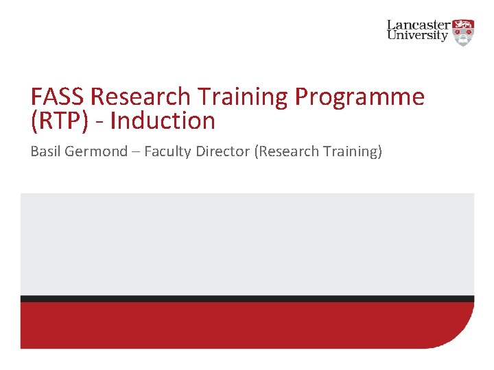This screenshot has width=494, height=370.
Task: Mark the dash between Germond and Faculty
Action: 136,152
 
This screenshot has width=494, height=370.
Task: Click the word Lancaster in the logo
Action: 419,25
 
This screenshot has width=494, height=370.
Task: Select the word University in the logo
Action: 417,36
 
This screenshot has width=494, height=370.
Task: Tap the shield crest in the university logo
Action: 464,32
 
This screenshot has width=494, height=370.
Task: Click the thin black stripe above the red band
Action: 247,299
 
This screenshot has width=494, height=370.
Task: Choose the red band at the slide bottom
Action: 247,325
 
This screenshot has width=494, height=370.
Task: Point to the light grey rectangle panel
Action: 247,243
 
